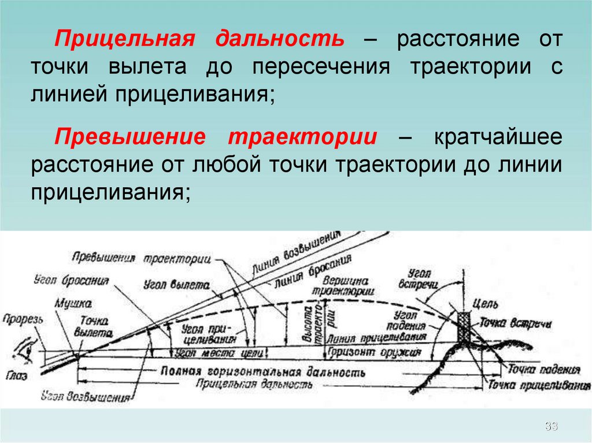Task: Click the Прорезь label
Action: point(19,318)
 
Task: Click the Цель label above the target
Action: point(482,303)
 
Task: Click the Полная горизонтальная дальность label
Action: point(264,371)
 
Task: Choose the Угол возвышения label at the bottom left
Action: point(87,396)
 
